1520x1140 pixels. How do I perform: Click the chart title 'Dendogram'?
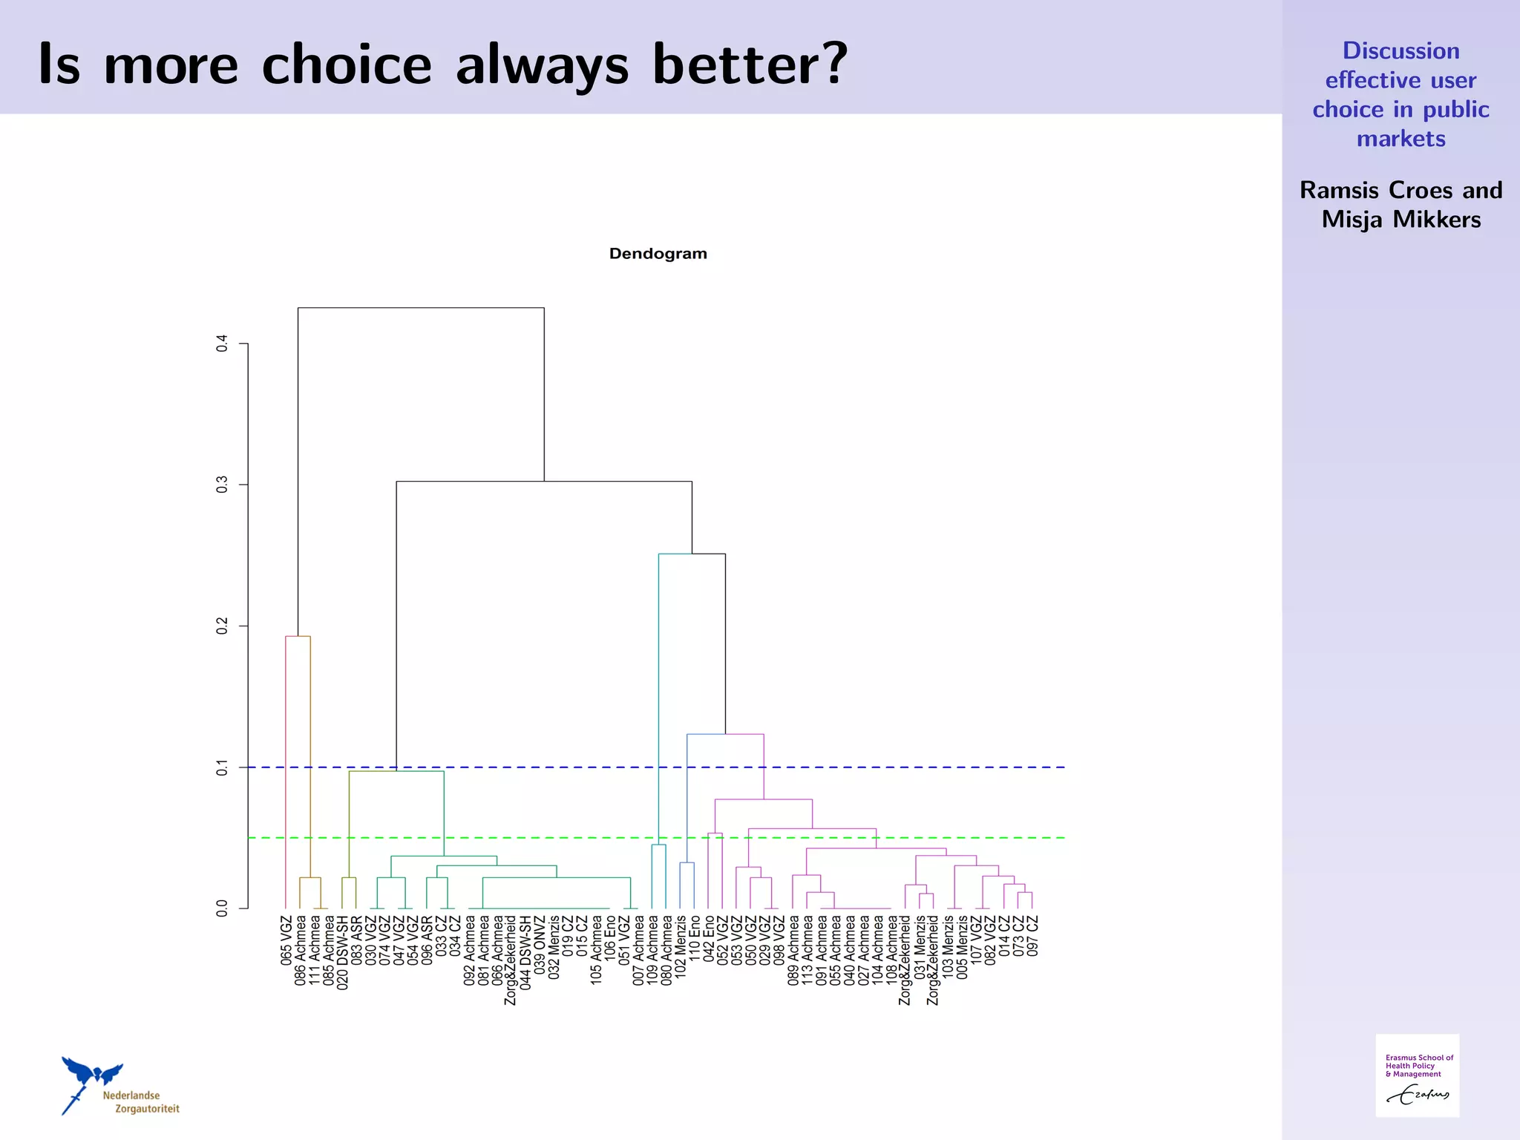pos(658,254)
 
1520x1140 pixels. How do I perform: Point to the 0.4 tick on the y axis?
pos(222,344)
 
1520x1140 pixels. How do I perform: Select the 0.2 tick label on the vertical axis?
pos(222,626)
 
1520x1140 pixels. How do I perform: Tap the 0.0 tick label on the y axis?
pos(222,908)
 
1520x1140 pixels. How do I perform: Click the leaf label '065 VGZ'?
pos(286,940)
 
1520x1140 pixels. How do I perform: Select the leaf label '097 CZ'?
pos(1032,935)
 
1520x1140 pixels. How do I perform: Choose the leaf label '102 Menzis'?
pos(681,946)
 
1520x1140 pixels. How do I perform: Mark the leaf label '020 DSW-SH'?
pos(343,952)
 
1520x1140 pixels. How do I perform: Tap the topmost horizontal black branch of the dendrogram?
pos(421,307)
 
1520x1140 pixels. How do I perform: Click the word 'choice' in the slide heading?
pos(347,65)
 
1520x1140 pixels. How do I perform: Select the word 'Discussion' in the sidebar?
pos(1401,50)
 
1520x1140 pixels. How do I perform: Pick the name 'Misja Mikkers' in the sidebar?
pos(1401,220)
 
